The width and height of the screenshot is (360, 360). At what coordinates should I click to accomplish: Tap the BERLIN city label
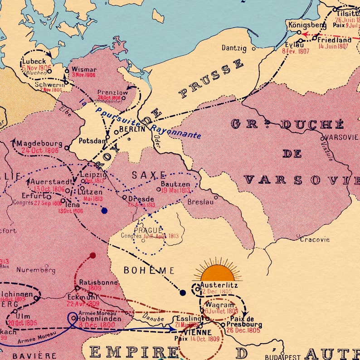132,129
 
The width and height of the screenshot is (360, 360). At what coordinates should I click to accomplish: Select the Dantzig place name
234,48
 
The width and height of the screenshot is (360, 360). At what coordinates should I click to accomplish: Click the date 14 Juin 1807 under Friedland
333,46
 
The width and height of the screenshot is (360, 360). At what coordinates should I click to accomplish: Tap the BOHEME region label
149,270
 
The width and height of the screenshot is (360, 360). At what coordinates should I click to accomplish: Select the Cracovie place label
315,239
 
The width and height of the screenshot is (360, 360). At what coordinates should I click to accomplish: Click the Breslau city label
200,202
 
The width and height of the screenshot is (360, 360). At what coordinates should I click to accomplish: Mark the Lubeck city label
34,62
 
